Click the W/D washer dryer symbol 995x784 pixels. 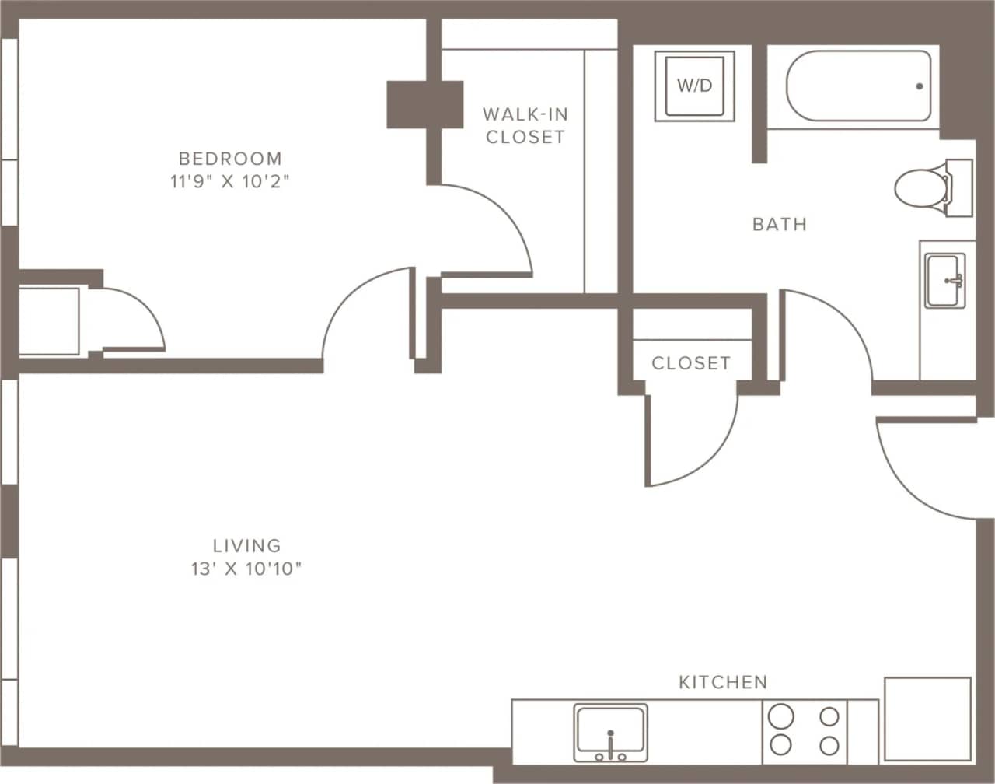point(694,86)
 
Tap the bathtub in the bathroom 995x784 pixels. point(858,86)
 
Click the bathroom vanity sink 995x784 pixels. point(945,280)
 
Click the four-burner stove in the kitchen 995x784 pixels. point(804,731)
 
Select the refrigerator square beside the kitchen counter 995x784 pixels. point(927,719)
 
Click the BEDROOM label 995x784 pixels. point(230,159)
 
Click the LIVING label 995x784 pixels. point(246,545)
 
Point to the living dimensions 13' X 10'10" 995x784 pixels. point(246,569)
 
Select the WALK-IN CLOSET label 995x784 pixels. point(525,125)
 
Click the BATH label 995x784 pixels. point(779,225)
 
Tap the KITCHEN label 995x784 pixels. point(723,682)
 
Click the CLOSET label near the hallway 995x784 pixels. point(690,363)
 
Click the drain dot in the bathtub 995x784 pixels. point(919,86)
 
